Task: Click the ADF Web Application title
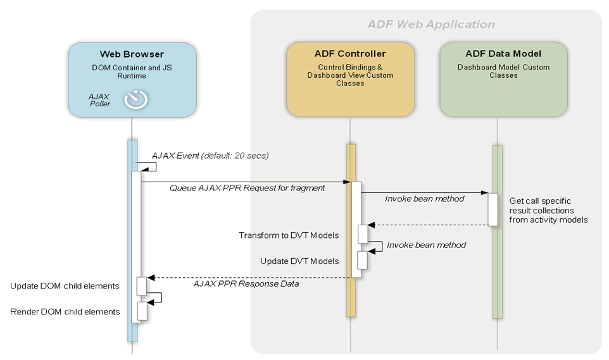point(431,25)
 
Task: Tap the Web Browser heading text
point(132,54)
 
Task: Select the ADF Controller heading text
point(350,54)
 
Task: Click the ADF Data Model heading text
point(503,54)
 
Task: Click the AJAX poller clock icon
point(135,99)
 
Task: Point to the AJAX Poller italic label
point(99,99)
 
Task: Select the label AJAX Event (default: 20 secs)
point(210,156)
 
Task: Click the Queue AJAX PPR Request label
point(247,188)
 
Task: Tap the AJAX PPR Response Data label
point(246,283)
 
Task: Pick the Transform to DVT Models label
point(288,235)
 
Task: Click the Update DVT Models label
point(299,261)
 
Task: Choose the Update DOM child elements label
point(65,286)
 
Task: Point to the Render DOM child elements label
point(65,311)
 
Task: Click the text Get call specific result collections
point(548,210)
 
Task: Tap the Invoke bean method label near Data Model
point(424,199)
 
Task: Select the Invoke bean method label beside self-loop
point(426,245)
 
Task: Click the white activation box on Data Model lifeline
point(493,209)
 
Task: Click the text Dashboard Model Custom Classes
point(503,71)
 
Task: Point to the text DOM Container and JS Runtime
point(132,71)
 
